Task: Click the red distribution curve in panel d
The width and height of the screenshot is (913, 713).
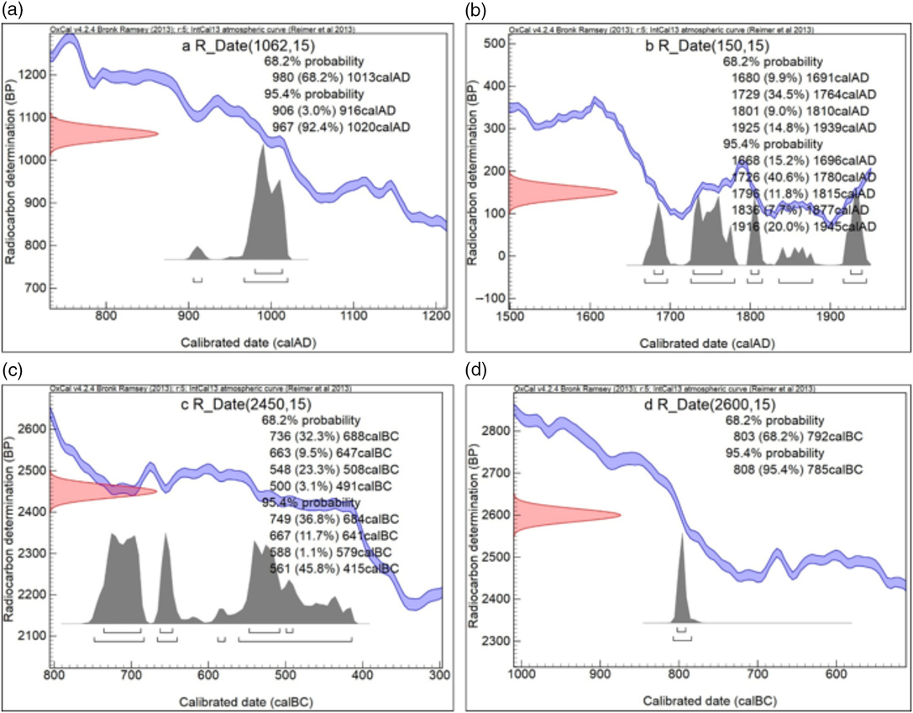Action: [x=554, y=515]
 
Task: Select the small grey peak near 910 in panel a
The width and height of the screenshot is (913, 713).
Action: [x=197, y=252]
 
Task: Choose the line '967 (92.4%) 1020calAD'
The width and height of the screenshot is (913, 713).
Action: [x=342, y=127]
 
